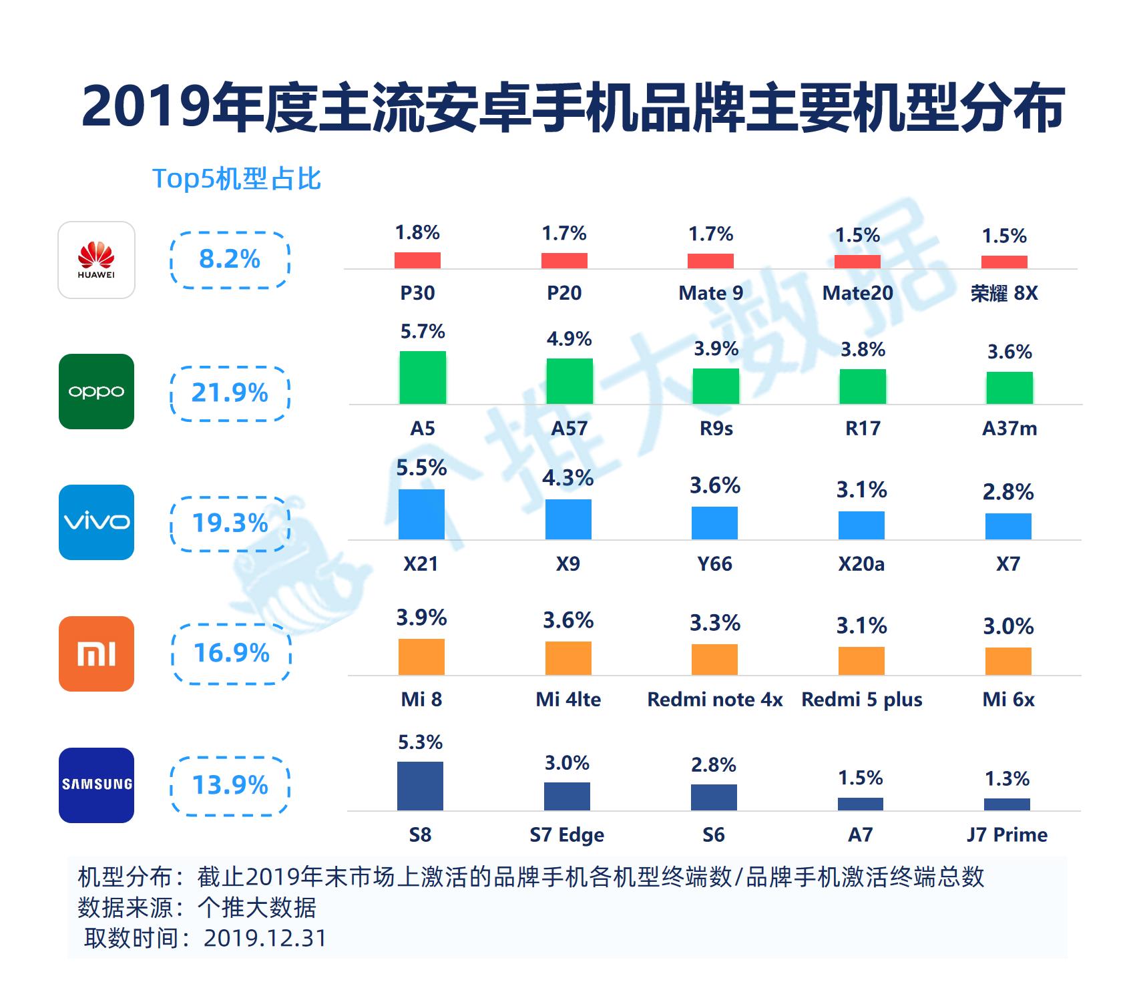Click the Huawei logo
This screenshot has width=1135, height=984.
(x=96, y=260)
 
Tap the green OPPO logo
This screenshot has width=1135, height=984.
(x=96, y=391)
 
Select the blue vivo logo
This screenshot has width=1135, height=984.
(x=96, y=522)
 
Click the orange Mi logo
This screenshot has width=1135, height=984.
(x=96, y=654)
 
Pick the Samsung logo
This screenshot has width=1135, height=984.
(x=96, y=785)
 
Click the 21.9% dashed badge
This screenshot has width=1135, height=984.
(x=230, y=393)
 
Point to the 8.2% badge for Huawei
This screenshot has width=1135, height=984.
(x=230, y=259)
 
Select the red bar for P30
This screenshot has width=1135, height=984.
(x=417, y=260)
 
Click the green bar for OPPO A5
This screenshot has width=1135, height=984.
(x=423, y=377)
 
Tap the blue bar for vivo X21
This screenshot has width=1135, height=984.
(x=421, y=514)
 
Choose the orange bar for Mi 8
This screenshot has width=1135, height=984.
(x=421, y=657)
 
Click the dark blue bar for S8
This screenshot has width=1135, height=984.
(x=420, y=786)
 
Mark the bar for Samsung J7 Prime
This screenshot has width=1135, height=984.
(x=1007, y=804)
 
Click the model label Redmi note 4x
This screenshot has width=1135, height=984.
(x=715, y=700)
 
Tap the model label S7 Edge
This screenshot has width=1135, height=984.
(x=567, y=835)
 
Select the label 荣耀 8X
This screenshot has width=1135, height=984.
(x=1004, y=293)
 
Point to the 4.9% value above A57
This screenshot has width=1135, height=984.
(x=569, y=339)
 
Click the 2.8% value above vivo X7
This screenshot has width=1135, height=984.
(x=1008, y=492)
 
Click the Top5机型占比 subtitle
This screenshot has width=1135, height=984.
(x=236, y=178)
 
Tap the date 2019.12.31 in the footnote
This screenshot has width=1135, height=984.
(x=265, y=938)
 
